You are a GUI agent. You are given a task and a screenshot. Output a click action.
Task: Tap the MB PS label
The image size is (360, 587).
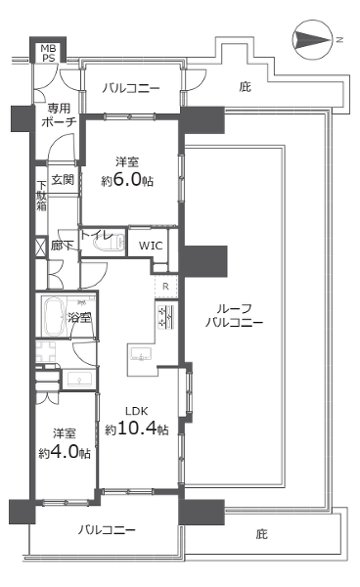pos(48,53)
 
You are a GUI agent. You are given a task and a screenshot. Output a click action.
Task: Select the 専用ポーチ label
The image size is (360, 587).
pos(59,115)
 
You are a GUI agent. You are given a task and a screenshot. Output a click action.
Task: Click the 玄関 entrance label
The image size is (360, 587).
pos(63,179)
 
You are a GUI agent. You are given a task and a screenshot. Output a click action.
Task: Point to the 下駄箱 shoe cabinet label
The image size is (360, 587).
pos(41,197)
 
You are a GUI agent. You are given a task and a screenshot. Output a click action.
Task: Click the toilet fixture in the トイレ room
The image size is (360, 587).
pos(109,242)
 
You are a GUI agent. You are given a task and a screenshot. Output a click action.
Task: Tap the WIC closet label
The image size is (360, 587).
pos(151,246)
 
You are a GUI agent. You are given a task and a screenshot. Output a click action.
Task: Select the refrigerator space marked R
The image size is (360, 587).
pos(165,287)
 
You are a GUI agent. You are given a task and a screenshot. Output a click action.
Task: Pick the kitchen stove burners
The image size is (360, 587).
pos(166,317)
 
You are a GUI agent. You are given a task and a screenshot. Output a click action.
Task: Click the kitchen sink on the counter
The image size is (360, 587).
pos(140,353)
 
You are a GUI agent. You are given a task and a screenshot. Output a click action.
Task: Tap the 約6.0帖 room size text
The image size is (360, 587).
pos(127,181)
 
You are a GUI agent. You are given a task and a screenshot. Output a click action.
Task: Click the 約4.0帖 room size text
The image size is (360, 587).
pos(65,453)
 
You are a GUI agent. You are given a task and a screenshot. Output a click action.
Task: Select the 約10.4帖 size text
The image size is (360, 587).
pos(136,429)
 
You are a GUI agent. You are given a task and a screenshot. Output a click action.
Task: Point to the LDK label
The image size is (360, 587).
pos(137,411)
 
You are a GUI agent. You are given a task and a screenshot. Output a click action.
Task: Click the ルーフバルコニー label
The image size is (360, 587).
pos(234,315)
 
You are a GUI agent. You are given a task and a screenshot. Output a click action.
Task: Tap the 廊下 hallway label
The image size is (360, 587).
pos(63,246)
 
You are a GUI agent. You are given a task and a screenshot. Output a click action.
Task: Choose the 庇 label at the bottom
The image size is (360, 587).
pos(261,534)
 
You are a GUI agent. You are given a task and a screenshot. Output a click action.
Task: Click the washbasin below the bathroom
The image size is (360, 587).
pos(79,379)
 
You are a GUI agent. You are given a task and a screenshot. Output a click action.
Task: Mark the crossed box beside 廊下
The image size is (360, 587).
pos(41,247)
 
